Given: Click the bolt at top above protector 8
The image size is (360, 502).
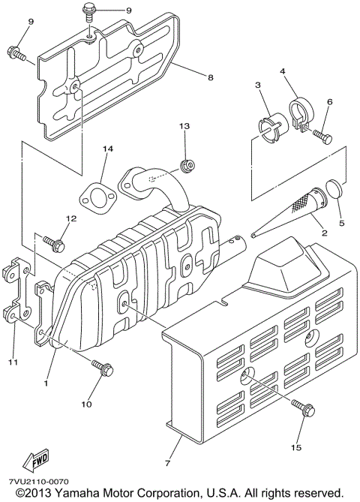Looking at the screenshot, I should coord(89,14).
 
